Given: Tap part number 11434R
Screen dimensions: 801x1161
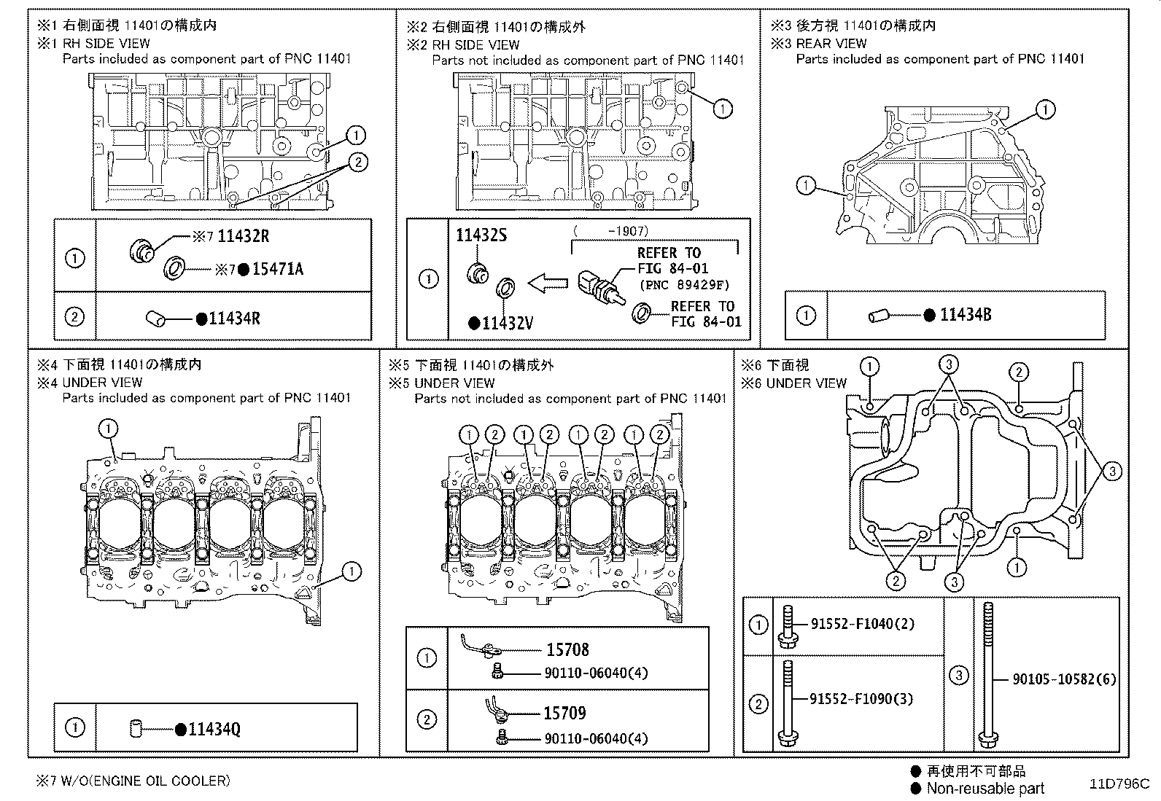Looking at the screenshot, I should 234,319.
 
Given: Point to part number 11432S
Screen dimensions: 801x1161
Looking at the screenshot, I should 481,235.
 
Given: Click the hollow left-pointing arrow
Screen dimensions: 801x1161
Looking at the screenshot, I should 547,283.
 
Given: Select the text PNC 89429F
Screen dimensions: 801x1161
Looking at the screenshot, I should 684,285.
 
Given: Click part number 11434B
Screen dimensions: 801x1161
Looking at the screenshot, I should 965,316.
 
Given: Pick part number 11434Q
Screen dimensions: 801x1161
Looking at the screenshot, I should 214,729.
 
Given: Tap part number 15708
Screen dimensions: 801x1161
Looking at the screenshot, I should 567,649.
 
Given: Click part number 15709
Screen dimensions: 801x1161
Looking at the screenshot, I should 564,714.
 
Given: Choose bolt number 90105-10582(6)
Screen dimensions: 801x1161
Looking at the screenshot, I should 1064,679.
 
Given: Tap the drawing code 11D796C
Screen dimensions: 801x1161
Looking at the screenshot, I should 1119,784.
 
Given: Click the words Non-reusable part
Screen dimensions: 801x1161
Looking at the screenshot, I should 985,789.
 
